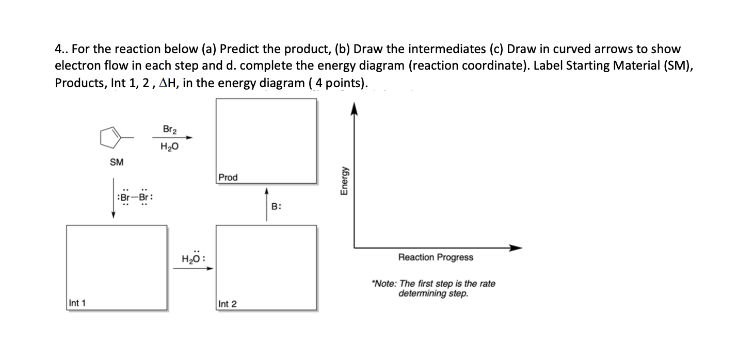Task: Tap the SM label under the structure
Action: (x=117, y=162)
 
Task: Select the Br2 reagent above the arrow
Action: (x=168, y=129)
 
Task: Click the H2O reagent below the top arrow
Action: (x=168, y=146)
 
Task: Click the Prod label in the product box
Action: (x=228, y=177)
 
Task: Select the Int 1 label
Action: (x=77, y=303)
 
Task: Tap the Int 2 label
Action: (x=228, y=304)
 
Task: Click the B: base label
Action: (x=276, y=206)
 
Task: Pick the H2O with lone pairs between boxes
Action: (x=194, y=257)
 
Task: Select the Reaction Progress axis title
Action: (x=436, y=257)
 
